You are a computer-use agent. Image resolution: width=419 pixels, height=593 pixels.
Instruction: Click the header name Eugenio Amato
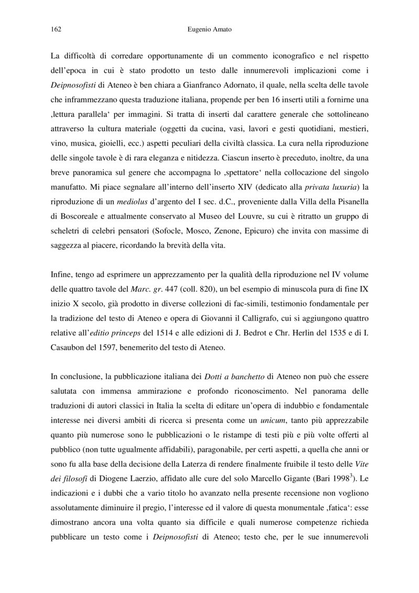pos(209,30)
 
